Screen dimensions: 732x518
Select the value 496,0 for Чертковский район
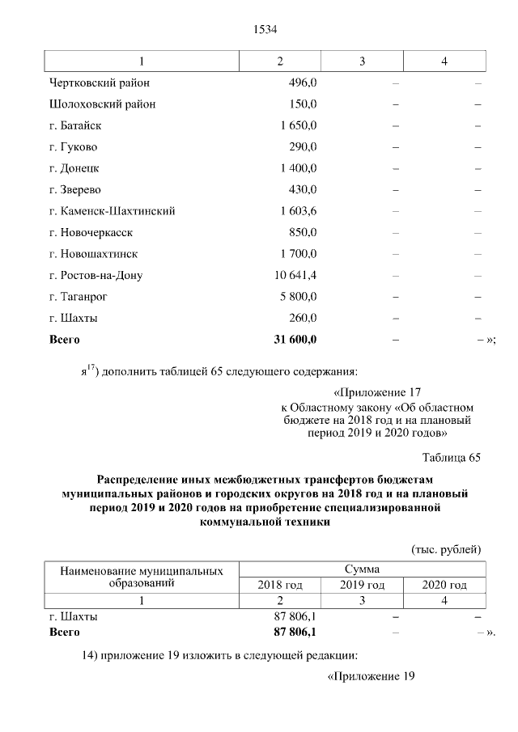[302, 83]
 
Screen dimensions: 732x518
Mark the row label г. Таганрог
[79, 297]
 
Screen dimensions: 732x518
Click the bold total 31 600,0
[295, 340]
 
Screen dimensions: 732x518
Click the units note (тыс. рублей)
[447, 549]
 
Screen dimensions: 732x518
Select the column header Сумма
[362, 569]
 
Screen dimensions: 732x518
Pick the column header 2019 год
[362, 585]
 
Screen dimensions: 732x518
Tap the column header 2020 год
[444, 585]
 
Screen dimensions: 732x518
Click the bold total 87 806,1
[295, 631]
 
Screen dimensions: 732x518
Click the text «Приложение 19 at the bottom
[370, 675]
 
